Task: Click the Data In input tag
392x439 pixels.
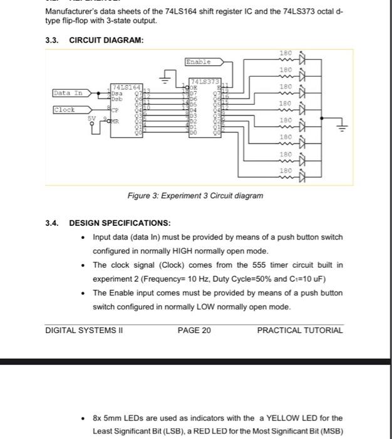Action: coord(68,93)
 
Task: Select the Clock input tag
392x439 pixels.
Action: coord(64,110)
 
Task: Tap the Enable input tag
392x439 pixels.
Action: coord(199,62)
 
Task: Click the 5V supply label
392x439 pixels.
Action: coord(91,117)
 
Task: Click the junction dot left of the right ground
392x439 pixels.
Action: coord(322,117)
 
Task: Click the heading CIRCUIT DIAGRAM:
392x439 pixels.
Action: coord(106,40)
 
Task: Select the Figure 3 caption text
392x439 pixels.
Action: coord(195,196)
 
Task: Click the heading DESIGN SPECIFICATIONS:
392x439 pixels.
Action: coord(118,223)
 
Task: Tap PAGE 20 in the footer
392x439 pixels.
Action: coord(194,331)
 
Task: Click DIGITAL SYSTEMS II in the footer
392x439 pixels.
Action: coord(84,331)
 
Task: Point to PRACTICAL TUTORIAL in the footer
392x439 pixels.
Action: coord(299,331)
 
